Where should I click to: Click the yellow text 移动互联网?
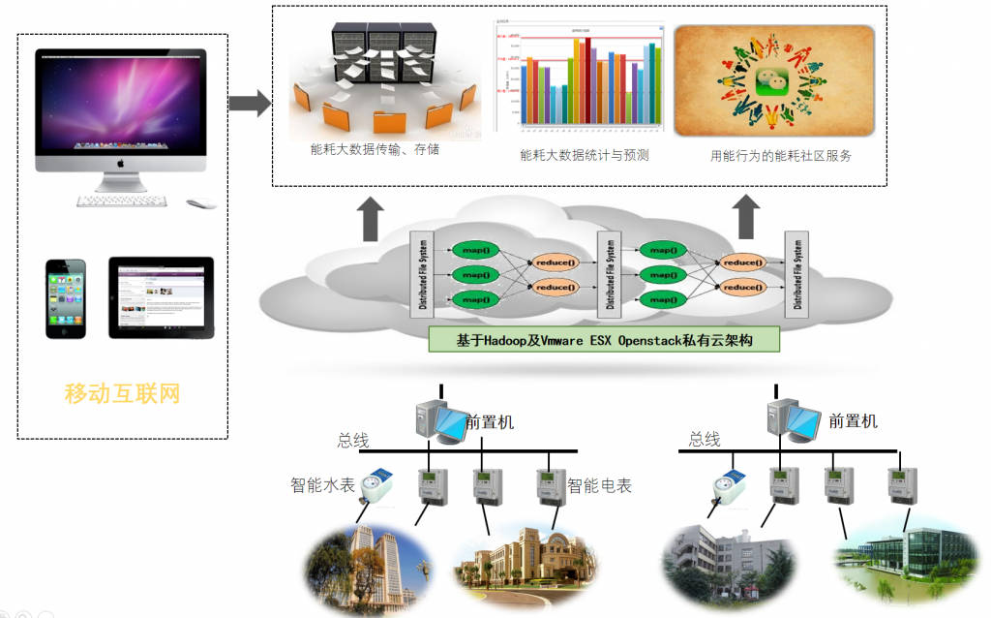pyautogui.click(x=122, y=393)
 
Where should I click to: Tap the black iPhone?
pyautogui.click(x=66, y=297)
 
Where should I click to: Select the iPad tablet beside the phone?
pyautogui.click(x=161, y=296)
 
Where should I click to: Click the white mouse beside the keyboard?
pyautogui.click(x=199, y=203)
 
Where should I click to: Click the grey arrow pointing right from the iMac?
pyautogui.click(x=249, y=104)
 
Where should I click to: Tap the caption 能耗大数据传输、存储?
pyautogui.click(x=369, y=150)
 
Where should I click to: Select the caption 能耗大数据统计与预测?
pyautogui.click(x=584, y=155)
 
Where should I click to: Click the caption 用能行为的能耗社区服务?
pyautogui.click(x=781, y=155)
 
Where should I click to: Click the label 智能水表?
pyautogui.click(x=322, y=484)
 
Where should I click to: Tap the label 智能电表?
pyautogui.click(x=599, y=485)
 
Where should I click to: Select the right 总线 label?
pyautogui.click(x=705, y=440)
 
